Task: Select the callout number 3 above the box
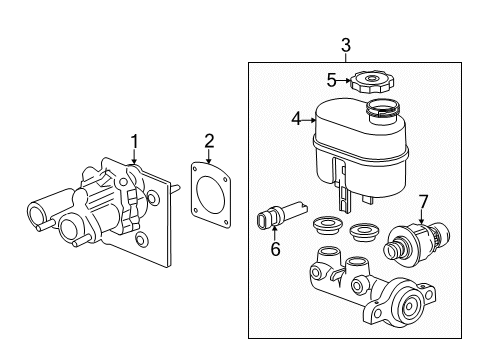tap(345, 44)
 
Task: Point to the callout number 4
tap(296, 118)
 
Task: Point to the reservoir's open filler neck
tap(383, 107)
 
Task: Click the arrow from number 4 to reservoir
tap(309, 118)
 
